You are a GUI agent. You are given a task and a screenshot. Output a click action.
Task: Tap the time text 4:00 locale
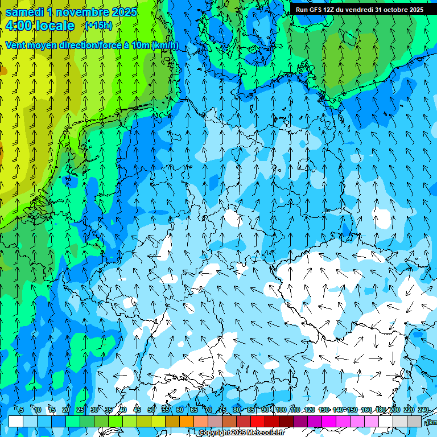(39, 26)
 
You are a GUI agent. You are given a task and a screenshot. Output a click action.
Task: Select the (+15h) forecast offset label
(98, 26)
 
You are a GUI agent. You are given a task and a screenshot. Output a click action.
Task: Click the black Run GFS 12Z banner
(360, 10)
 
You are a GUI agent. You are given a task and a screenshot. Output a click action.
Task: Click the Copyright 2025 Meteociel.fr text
(242, 433)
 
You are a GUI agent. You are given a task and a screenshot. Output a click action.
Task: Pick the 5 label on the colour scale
(22, 410)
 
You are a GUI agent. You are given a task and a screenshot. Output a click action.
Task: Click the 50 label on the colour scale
(151, 410)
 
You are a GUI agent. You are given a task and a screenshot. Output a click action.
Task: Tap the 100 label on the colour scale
(281, 410)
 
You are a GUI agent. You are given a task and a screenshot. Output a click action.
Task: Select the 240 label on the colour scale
(423, 410)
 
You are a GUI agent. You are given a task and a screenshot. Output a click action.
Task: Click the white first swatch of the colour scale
(16, 422)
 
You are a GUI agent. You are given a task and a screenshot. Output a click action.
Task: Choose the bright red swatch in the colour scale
(258, 422)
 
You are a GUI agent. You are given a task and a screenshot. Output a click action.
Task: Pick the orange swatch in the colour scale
(187, 422)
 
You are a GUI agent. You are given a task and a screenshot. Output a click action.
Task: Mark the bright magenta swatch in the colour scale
(329, 422)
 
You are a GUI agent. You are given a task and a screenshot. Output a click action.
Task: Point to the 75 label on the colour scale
(222, 410)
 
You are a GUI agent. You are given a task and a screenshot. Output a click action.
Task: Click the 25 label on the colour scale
(80, 410)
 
